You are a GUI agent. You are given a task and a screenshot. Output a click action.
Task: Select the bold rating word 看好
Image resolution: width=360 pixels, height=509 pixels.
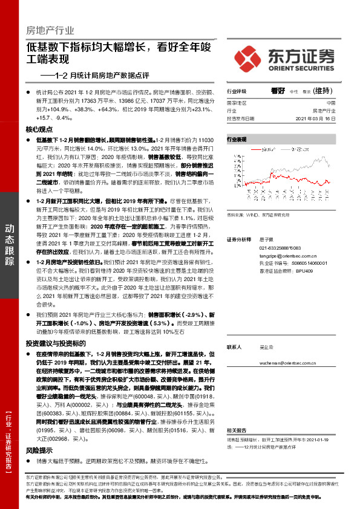[x=278, y=91]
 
